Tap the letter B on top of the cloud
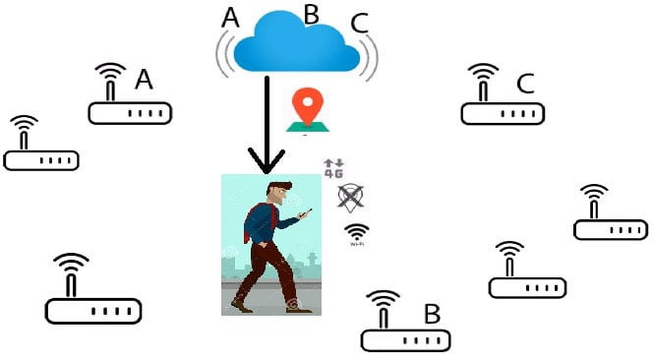coord(310,14)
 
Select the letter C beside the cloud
coord(359,23)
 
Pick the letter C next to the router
coord(524,84)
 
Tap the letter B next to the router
coord(431,315)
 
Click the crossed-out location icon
coord(348,197)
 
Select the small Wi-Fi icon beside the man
coord(356,233)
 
